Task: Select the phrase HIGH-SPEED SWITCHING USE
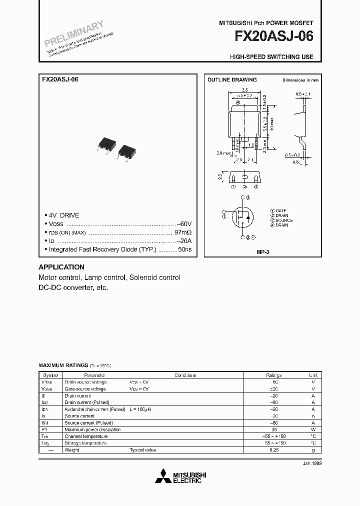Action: click(271, 57)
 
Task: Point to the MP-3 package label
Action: click(263, 252)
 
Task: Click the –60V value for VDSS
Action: click(183, 223)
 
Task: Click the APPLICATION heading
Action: click(61, 267)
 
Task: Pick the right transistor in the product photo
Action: click(126, 151)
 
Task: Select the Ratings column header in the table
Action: click(273, 375)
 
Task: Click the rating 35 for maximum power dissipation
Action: click(273, 429)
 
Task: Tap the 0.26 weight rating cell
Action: click(273, 450)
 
